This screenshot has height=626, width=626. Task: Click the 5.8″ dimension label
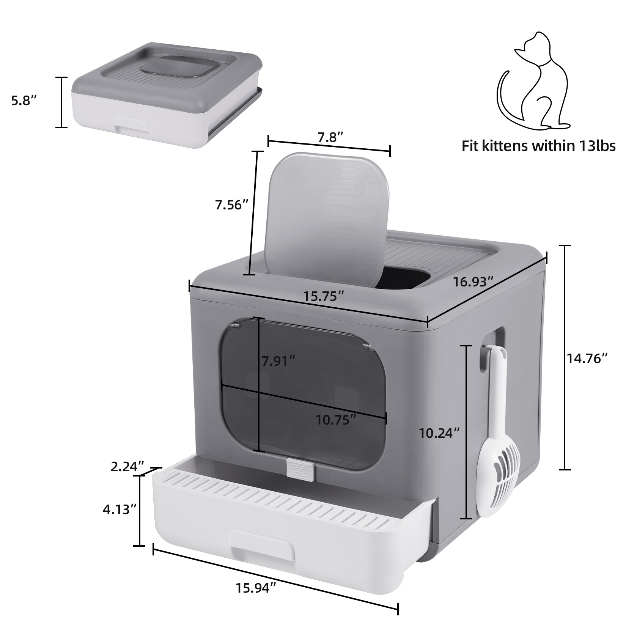(24, 102)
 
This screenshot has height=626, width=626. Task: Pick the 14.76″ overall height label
(587, 358)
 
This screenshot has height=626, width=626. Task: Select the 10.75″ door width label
(336, 420)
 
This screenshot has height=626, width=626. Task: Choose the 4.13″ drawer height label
(120, 509)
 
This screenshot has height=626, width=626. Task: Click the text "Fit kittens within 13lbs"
(538, 146)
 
